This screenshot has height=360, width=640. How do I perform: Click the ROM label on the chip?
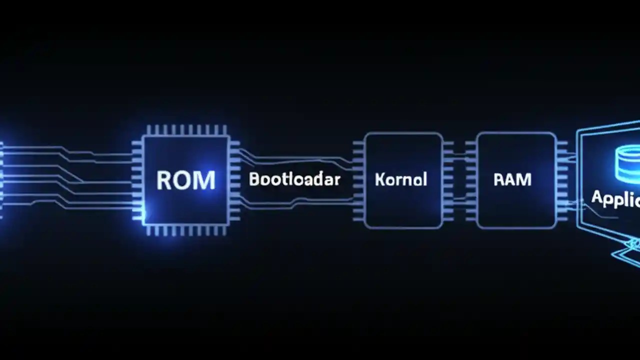tap(185, 180)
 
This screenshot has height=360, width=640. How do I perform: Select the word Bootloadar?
tap(294, 179)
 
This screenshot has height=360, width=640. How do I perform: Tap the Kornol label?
tap(401, 179)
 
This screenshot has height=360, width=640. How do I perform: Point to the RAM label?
tap(512, 179)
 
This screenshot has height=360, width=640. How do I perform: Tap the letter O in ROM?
tap(184, 180)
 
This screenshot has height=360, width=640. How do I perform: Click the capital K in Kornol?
tap(379, 179)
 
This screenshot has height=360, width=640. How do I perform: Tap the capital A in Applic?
tap(597, 197)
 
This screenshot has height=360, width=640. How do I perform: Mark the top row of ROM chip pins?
tap(186, 130)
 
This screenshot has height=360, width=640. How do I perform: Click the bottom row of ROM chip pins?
tap(186, 230)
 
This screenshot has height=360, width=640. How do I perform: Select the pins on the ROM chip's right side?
tap(234, 180)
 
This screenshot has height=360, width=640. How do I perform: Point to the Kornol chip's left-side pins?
tap(358, 180)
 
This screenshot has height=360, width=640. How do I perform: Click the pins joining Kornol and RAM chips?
tap(459, 180)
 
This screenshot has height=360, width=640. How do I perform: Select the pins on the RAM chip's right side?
tap(562, 180)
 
